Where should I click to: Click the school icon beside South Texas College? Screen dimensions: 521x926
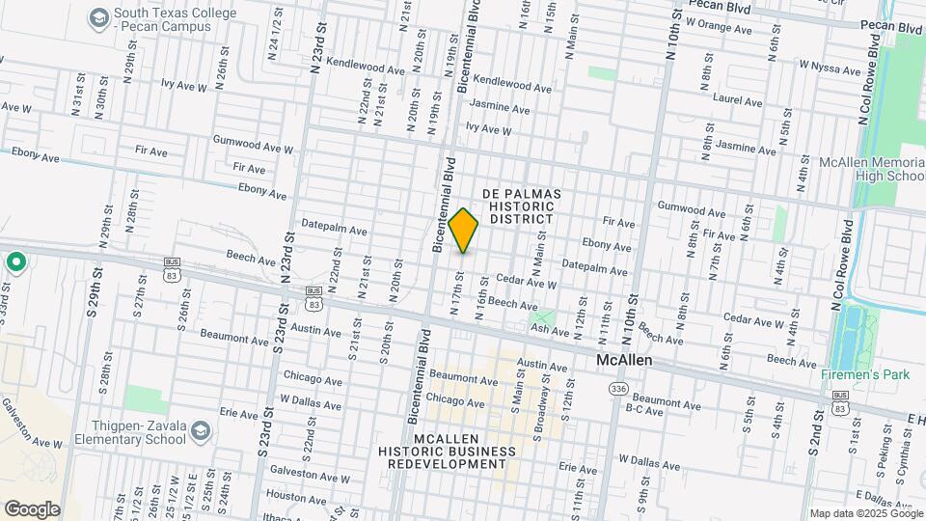97,18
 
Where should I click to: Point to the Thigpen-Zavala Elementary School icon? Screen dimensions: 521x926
201,429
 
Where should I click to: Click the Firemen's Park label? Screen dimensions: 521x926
862,374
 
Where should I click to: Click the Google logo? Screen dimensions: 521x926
32,508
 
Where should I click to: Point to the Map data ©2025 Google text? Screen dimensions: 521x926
865,513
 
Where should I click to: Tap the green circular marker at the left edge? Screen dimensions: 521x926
16,262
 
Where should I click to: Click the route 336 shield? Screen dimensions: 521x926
618,388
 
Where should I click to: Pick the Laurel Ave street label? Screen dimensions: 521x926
737,98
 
